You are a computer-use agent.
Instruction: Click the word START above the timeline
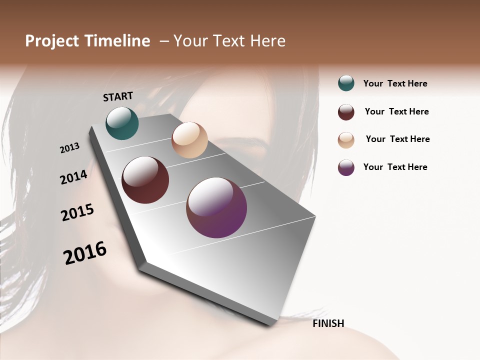[118, 96]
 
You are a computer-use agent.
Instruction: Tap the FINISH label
[328, 323]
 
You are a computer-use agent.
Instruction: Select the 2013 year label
[69, 148]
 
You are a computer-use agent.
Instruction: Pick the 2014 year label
[73, 177]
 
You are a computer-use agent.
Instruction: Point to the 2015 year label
[77, 212]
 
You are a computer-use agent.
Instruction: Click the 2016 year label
[85, 252]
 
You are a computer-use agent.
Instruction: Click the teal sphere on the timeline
[122, 123]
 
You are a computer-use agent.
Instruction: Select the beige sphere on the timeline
[189, 140]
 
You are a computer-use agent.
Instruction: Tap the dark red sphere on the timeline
[145, 180]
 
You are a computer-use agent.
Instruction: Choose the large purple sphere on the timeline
[216, 207]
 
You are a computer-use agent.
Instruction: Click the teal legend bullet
[346, 83]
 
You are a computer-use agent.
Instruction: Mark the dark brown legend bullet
[346, 112]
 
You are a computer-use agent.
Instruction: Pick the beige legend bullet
[346, 140]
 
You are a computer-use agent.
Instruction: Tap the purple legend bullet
[346, 168]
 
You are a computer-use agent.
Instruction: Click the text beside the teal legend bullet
[395, 83]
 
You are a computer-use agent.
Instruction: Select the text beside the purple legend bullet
[395, 167]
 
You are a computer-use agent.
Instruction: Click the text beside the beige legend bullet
[397, 139]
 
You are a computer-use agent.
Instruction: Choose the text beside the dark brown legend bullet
[396, 111]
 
